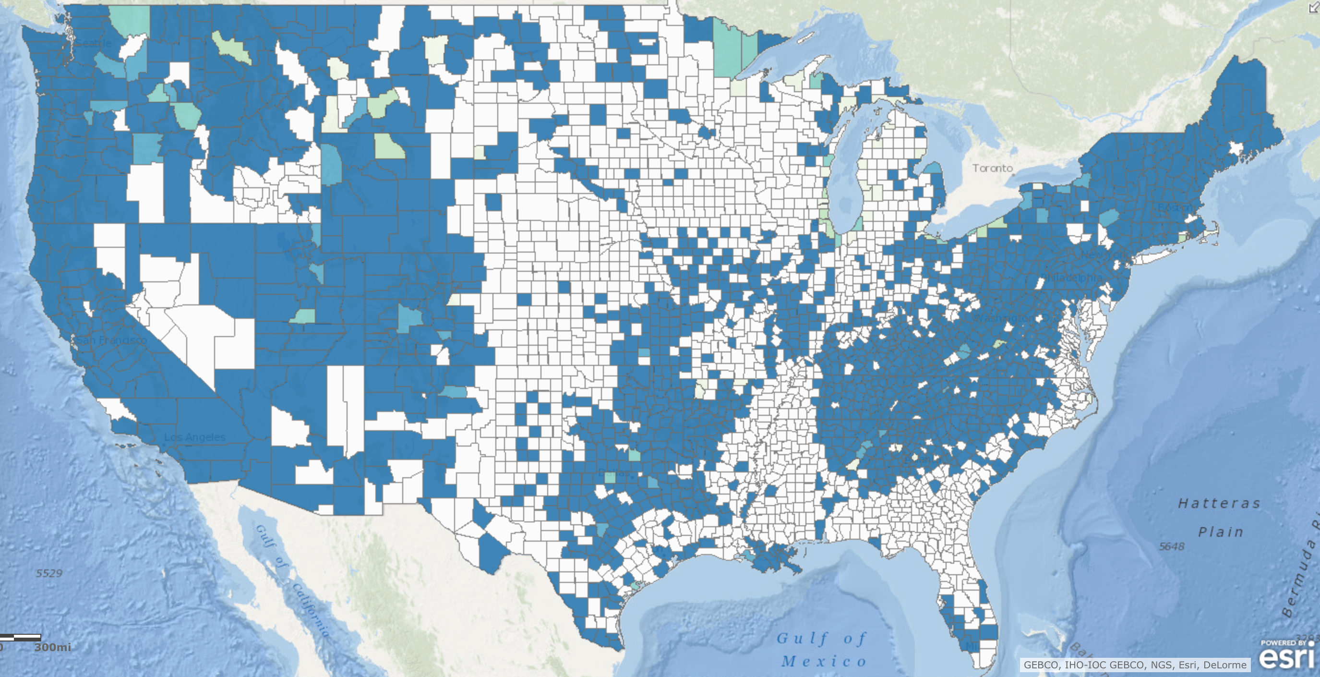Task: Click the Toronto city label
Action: [993, 168]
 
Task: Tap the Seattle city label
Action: [94, 43]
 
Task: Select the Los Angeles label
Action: [195, 437]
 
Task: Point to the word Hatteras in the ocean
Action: [1219, 503]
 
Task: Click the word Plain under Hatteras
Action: [1221, 532]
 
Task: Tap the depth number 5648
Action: [1172, 546]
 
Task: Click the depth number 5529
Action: [49, 573]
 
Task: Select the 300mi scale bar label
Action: [53, 647]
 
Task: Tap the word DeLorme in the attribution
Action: [1224, 665]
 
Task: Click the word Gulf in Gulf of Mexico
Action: [802, 639]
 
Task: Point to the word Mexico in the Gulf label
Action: [824, 661]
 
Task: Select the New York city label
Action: [1104, 254]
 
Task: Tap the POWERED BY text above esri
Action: [1283, 642]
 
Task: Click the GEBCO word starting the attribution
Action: [1041, 665]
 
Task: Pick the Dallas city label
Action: [613, 472]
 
